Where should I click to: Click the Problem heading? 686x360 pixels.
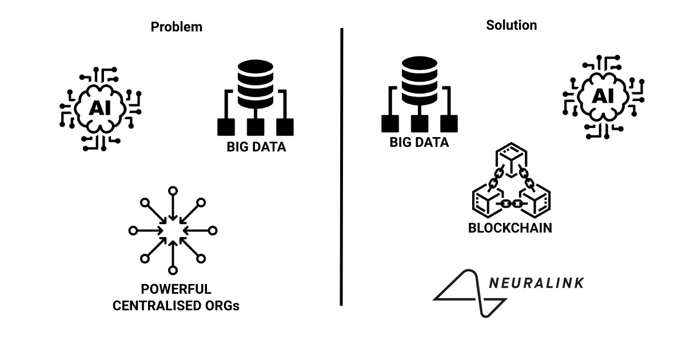click(176, 27)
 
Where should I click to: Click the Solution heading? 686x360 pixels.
click(511, 25)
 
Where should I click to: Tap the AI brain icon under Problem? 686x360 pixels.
click(101, 108)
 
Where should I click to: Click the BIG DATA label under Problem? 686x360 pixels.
click(256, 147)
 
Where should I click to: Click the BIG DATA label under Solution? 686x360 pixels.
click(419, 142)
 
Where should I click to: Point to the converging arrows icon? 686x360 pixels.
click(173, 230)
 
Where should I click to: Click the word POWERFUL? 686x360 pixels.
click(176, 289)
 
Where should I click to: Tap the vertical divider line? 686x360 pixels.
click(341, 166)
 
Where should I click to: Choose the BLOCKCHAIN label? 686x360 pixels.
click(510, 228)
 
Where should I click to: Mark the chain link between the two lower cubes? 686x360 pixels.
click(510, 203)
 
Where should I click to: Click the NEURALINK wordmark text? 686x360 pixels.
click(536, 282)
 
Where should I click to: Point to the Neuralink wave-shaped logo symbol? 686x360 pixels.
click(469, 293)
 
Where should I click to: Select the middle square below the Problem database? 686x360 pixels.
click(256, 127)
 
